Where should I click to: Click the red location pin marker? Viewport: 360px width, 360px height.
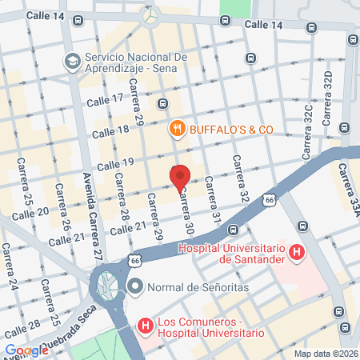point(180,176)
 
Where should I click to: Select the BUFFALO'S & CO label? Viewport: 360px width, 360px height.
point(231,129)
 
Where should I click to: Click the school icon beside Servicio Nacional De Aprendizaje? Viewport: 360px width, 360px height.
point(72,61)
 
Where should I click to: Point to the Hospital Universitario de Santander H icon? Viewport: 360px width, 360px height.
point(297,254)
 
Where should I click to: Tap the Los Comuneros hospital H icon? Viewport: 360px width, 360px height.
point(145,326)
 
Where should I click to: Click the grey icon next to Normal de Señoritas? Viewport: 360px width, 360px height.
point(134,286)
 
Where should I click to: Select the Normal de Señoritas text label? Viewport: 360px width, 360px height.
point(189,286)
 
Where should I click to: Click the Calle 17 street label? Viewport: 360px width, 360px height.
point(106,99)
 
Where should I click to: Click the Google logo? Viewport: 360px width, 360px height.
point(26,350)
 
